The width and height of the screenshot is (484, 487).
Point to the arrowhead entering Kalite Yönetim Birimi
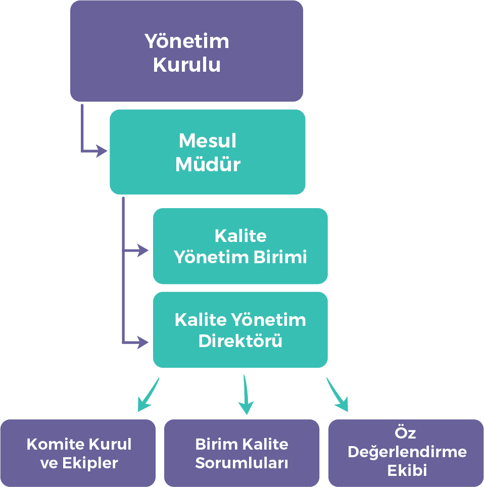pyautogui.click(x=143, y=250)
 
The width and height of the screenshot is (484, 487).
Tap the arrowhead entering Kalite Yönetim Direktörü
pyautogui.click(x=143, y=343)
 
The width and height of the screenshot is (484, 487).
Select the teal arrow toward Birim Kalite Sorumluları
pyautogui.click(x=246, y=396)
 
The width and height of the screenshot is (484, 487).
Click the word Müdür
pyautogui.click(x=208, y=165)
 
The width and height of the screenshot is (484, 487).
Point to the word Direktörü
pyautogui.click(x=240, y=341)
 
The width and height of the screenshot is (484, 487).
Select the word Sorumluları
pyautogui.click(x=241, y=463)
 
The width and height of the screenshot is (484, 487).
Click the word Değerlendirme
pyautogui.click(x=407, y=452)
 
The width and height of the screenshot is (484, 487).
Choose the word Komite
pyautogui.click(x=55, y=445)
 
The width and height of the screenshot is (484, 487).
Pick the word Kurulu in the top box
pyautogui.click(x=186, y=65)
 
